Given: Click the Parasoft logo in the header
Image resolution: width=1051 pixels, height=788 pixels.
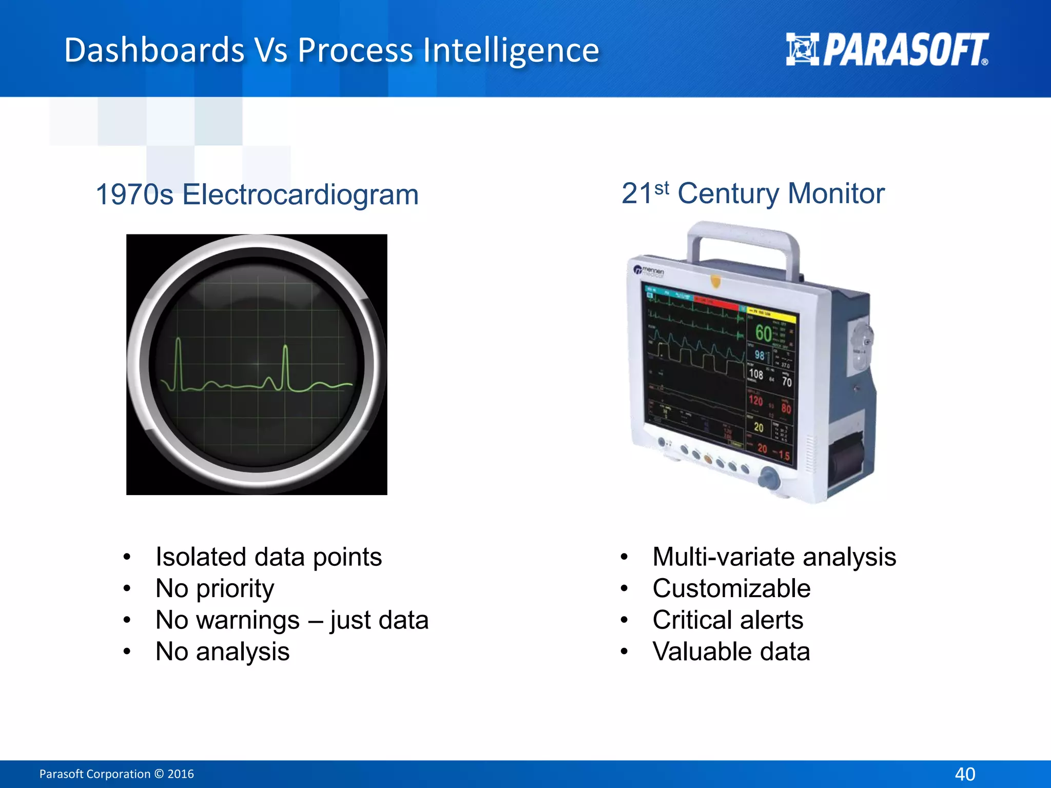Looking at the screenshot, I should coord(887,50).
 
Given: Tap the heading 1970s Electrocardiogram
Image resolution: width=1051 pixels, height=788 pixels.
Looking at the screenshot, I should coord(257,195).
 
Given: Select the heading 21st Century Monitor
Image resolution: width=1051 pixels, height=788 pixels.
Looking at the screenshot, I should coord(752,193).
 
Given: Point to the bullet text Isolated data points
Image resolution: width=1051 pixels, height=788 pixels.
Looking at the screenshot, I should coord(268,557).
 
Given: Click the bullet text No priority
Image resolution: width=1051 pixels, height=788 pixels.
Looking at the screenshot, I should coord(215,588).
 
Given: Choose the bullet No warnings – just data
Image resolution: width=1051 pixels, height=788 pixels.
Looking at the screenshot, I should coord(291,620).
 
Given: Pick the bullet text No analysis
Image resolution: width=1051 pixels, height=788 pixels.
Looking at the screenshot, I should coord(222,652).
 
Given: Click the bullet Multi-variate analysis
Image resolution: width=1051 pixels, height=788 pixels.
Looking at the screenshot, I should coord(774,557).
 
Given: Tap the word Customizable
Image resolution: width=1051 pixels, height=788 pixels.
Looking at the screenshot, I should coord(731,588).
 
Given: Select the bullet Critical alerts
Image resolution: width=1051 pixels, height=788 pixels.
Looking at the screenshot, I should coord(728,620).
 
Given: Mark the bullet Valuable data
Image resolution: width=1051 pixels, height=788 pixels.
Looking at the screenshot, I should coord(731,652).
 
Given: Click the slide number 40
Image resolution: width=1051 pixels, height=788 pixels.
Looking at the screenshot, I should coord(965,774).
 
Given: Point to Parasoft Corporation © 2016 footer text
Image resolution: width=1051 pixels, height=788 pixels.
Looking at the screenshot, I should coord(116,774).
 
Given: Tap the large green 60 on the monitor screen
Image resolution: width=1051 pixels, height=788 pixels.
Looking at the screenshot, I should coord(763,333).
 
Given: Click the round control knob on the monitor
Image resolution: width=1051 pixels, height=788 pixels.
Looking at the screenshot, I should coord(768,478).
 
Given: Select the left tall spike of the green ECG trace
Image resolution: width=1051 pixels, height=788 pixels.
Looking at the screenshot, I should coord(178,362).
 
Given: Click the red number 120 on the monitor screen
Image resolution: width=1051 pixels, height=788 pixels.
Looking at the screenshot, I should coord(755,400).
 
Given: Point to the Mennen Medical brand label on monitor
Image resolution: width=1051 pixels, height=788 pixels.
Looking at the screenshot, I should coord(649,271).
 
